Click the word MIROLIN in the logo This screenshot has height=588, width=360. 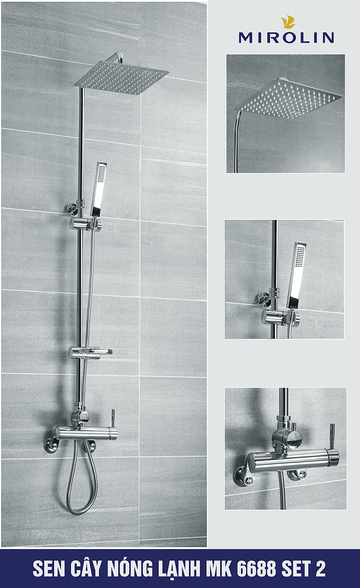click(x=286, y=37)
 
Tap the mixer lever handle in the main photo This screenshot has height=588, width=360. click(x=113, y=417)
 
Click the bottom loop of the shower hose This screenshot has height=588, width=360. click(x=76, y=508)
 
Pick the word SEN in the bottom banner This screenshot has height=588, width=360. click(x=48, y=568)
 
